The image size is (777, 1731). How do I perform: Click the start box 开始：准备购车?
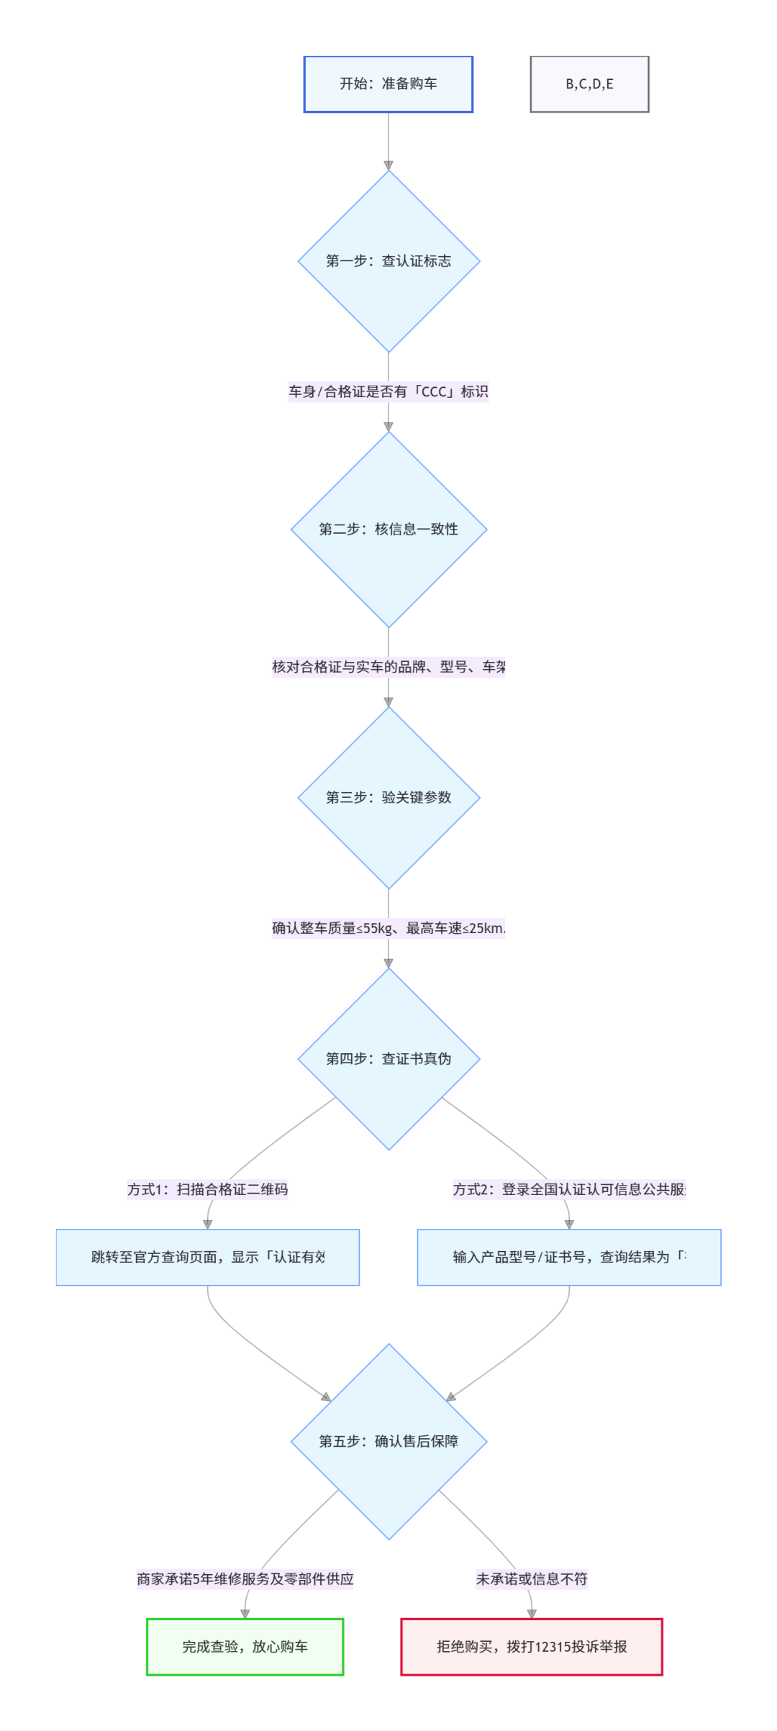(x=388, y=84)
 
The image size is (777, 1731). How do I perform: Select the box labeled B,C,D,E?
(x=589, y=84)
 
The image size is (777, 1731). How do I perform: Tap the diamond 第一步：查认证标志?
(x=388, y=261)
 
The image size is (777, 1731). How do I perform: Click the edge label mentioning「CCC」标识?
(x=388, y=391)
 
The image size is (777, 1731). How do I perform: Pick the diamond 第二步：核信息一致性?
(x=388, y=530)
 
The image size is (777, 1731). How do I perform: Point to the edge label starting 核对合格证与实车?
(x=388, y=667)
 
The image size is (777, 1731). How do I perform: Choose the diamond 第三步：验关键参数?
(x=388, y=797)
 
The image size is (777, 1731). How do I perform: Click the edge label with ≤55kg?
(x=388, y=928)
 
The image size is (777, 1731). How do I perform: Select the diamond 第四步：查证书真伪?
(x=388, y=1058)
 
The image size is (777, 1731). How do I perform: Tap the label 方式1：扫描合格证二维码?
(x=208, y=1189)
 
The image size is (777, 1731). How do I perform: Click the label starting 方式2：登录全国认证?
(x=569, y=1189)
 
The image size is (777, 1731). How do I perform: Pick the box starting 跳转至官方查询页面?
(x=208, y=1257)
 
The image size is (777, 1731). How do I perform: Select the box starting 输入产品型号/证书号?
(x=569, y=1257)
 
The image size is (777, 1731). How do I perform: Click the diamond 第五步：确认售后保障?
(x=388, y=1441)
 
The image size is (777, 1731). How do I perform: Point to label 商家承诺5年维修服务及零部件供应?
(x=245, y=1579)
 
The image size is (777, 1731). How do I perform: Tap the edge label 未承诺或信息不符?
(x=532, y=1579)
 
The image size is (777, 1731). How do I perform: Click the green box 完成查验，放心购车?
(x=245, y=1647)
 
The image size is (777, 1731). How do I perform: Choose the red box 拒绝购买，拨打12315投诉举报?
(x=532, y=1647)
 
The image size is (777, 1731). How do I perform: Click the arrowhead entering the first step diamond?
(x=388, y=165)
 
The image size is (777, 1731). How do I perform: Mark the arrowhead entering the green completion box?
(x=245, y=1614)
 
